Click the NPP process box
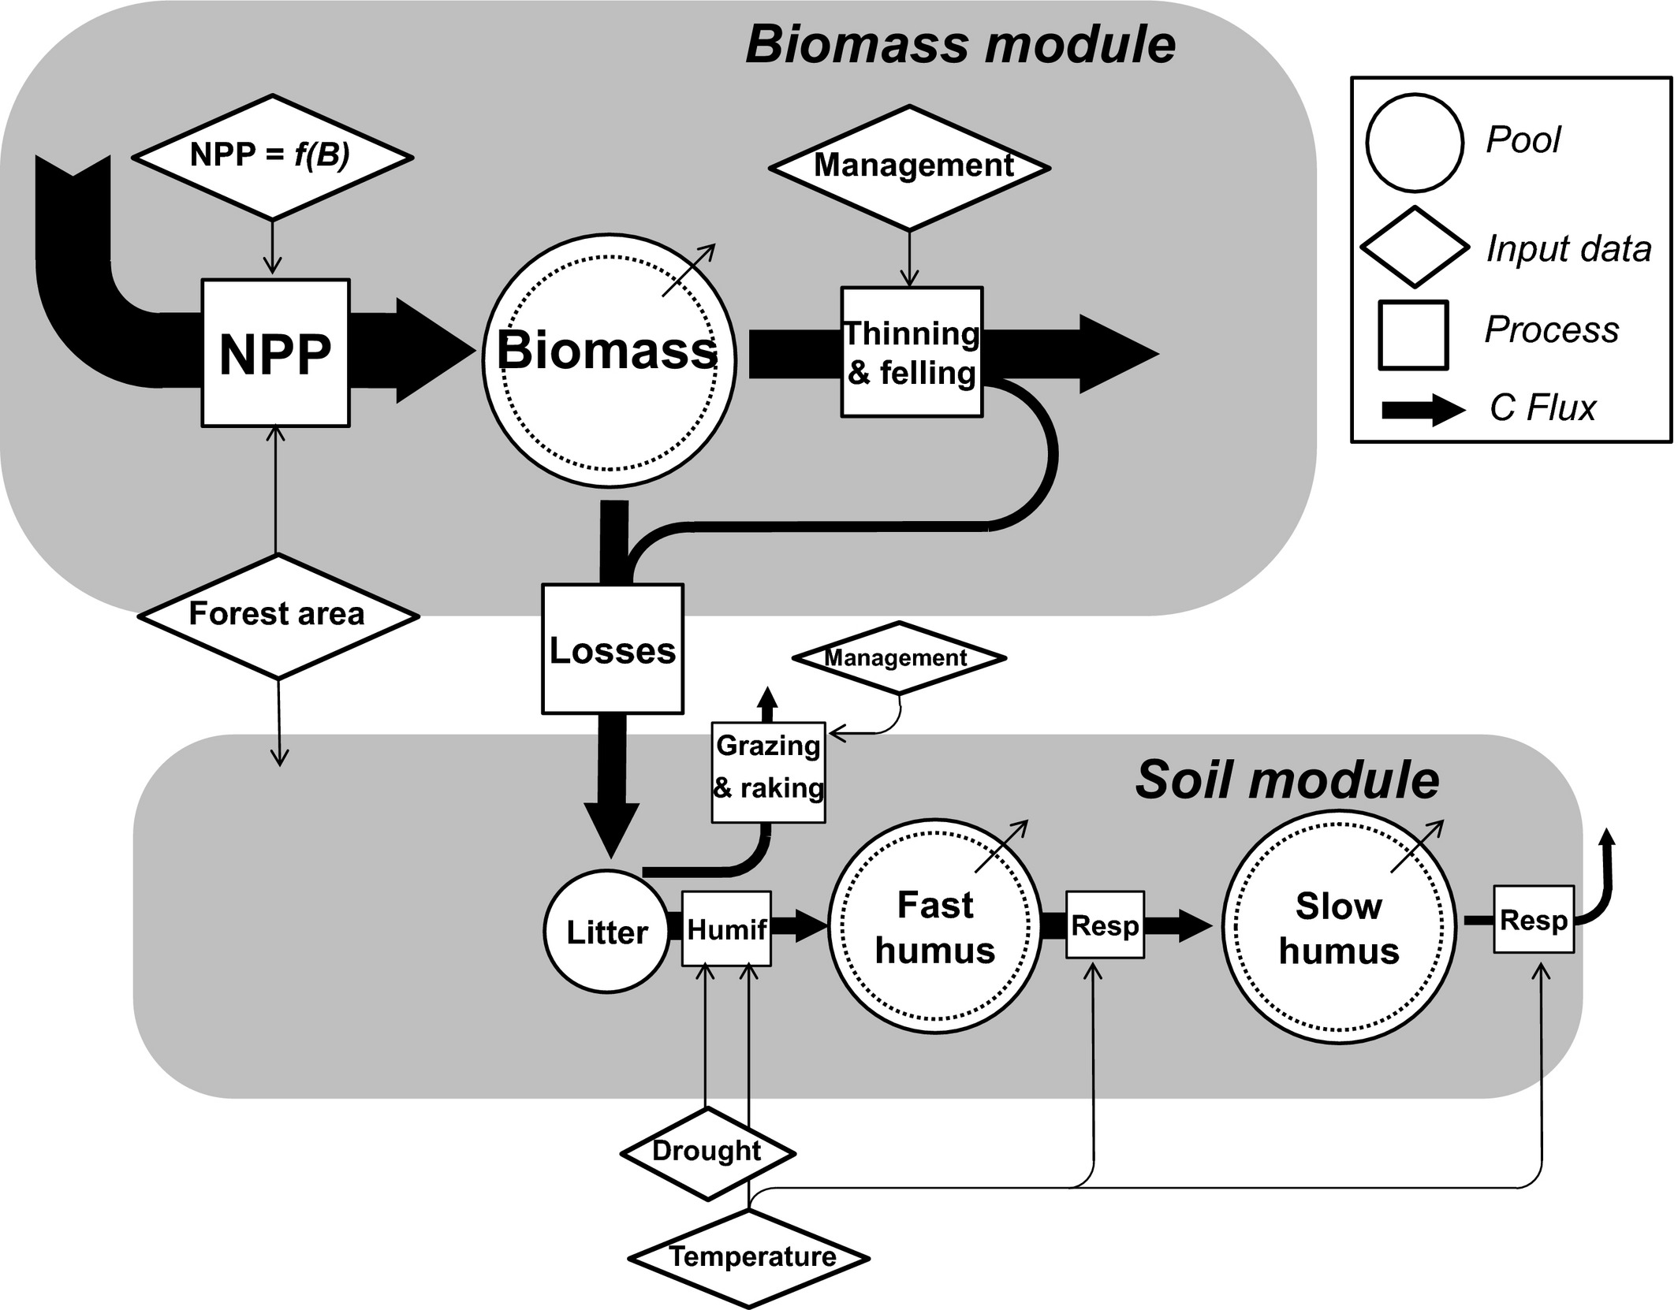tap(275, 353)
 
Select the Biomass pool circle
tap(609, 360)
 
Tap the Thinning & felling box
tap(912, 352)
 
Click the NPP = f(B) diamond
tap(272, 157)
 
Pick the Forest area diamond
tap(278, 616)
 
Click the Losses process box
tap(612, 649)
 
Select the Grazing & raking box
tap(768, 772)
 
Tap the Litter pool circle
tap(606, 932)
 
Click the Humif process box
tap(725, 929)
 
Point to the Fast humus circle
tap(935, 927)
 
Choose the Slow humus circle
tap(1339, 928)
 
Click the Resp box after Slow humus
tap(1533, 919)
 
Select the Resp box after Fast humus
tap(1104, 925)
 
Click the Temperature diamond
tap(750, 1256)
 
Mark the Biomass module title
tap(960, 44)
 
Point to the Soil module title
tap(1287, 780)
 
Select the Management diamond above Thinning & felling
tap(910, 167)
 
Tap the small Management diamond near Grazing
tap(898, 657)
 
